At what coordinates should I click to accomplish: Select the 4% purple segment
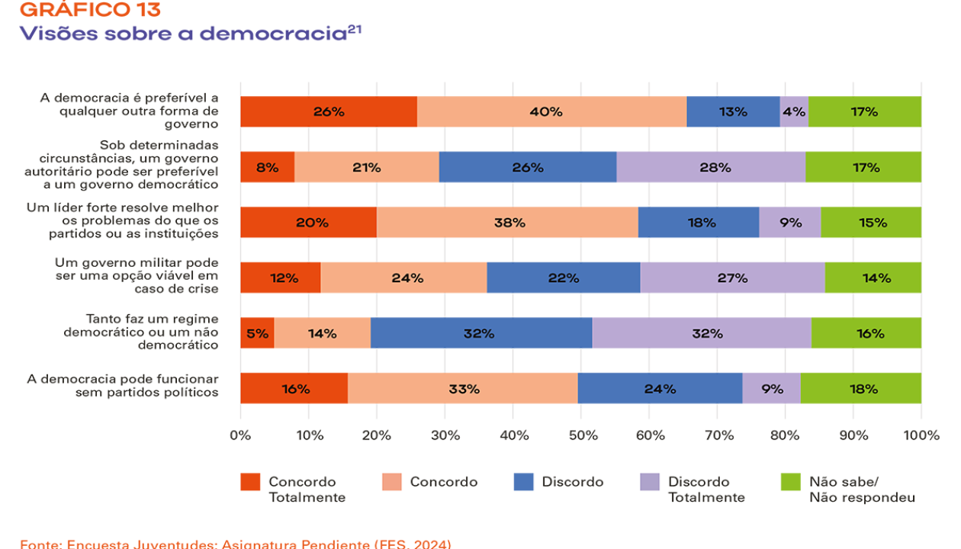(x=794, y=111)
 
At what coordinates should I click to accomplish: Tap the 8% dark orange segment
(x=267, y=167)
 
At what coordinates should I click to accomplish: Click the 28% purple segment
(x=711, y=167)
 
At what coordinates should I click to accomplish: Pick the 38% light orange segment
(x=507, y=223)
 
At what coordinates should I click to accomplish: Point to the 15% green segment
(x=871, y=223)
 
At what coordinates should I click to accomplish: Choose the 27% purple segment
(x=732, y=278)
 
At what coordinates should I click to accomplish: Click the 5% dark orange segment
(x=257, y=333)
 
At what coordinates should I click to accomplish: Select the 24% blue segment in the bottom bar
(x=660, y=388)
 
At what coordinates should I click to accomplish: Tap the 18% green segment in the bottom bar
(x=861, y=388)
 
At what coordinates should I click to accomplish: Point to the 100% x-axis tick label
(x=921, y=435)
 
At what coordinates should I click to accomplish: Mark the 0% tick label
(x=240, y=435)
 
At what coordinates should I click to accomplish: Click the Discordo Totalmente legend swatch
(x=650, y=482)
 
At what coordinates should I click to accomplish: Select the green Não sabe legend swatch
(x=790, y=482)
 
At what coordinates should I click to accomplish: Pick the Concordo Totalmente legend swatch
(x=250, y=482)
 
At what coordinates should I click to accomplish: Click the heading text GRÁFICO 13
(x=90, y=9)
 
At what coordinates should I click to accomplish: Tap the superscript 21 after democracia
(x=355, y=29)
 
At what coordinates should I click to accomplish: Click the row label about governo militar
(x=137, y=275)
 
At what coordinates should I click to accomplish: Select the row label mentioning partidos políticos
(x=123, y=386)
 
